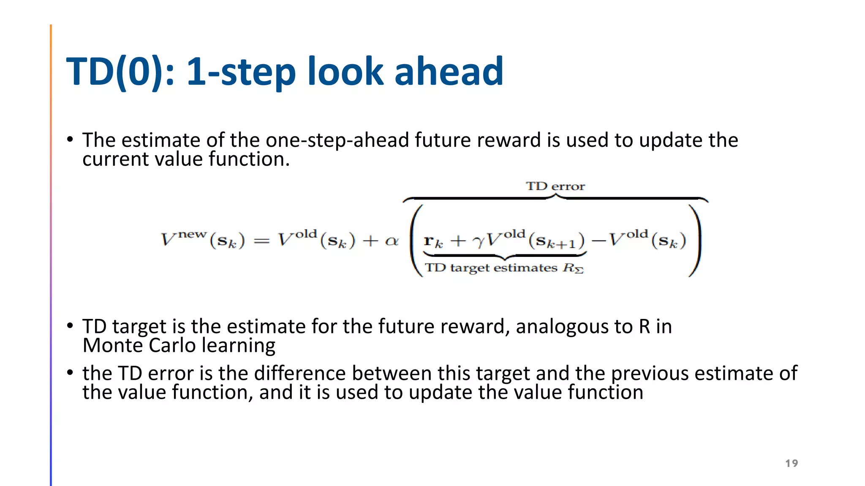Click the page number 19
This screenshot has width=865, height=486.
pos(792,463)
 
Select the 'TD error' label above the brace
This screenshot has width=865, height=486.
pos(555,186)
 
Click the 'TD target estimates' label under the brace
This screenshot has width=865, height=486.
pos(491,268)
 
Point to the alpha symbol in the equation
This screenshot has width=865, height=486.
pos(392,241)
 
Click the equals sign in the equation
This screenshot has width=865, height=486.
pos(261,241)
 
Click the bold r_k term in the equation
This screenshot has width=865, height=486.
pos(433,241)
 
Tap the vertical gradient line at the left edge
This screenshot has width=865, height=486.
pos(51,253)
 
